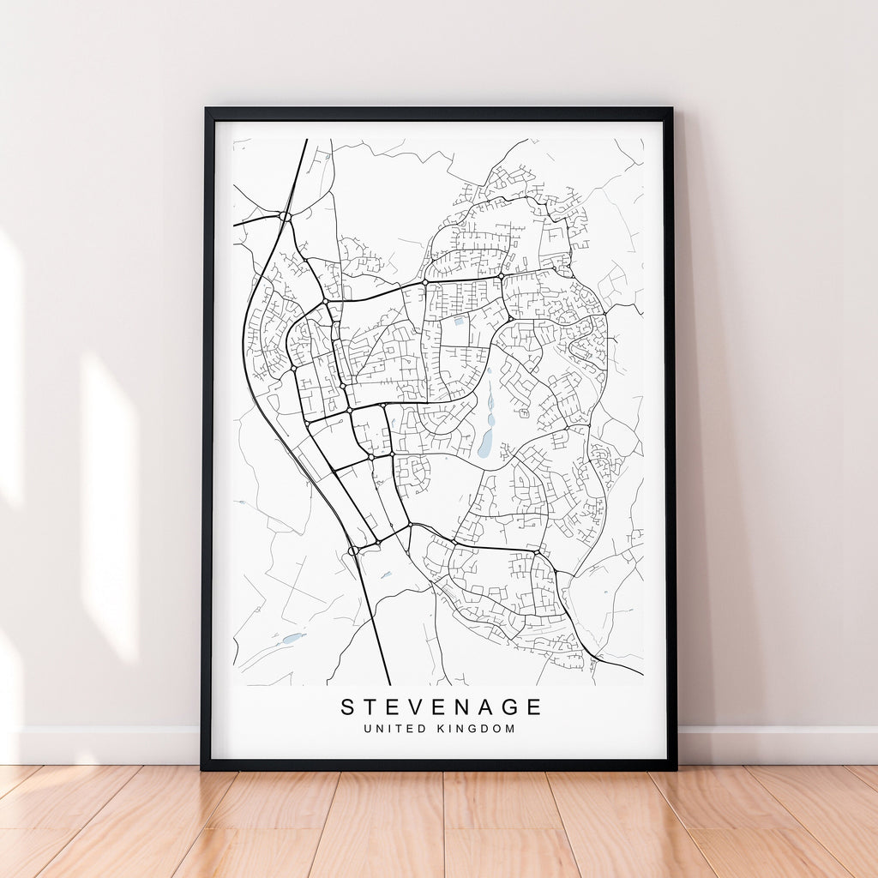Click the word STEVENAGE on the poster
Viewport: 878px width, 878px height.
[442, 707]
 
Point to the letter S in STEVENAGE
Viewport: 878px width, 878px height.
[347, 707]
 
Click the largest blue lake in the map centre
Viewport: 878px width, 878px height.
[486, 443]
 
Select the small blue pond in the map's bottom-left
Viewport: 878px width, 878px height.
[292, 638]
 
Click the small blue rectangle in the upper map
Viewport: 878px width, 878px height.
[460, 321]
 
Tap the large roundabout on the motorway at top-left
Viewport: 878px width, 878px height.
[285, 217]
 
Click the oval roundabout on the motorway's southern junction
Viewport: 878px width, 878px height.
[353, 550]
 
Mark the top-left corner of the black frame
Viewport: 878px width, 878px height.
[206, 110]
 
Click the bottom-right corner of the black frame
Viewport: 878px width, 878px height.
[675, 768]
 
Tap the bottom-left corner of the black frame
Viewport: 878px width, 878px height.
[202, 768]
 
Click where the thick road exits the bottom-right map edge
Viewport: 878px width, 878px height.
[641, 674]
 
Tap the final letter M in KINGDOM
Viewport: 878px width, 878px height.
[511, 729]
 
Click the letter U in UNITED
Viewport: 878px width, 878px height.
[367, 729]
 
